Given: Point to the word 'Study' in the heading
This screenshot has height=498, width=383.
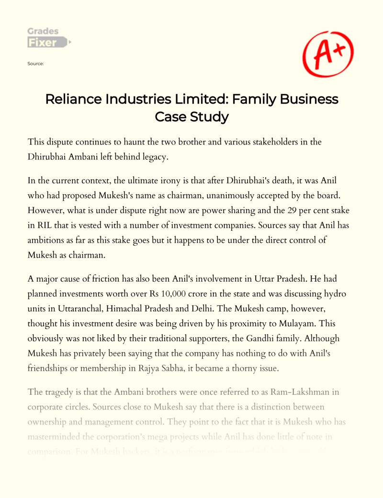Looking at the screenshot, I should [x=211, y=117].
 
